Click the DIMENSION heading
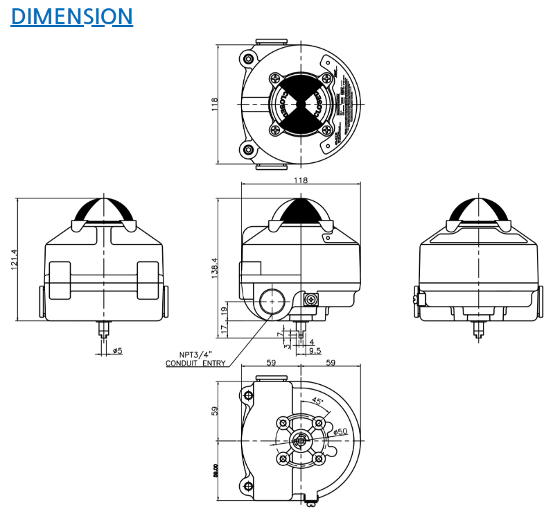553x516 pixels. (71, 16)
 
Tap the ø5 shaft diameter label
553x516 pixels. (117, 351)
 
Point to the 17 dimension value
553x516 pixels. (223, 327)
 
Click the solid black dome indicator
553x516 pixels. (300, 210)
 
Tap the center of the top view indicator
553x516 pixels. (301, 105)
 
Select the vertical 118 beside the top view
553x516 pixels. (215, 104)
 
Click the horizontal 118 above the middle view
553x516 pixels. (300, 180)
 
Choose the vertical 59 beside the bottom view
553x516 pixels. (215, 410)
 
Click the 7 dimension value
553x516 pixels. (279, 334)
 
